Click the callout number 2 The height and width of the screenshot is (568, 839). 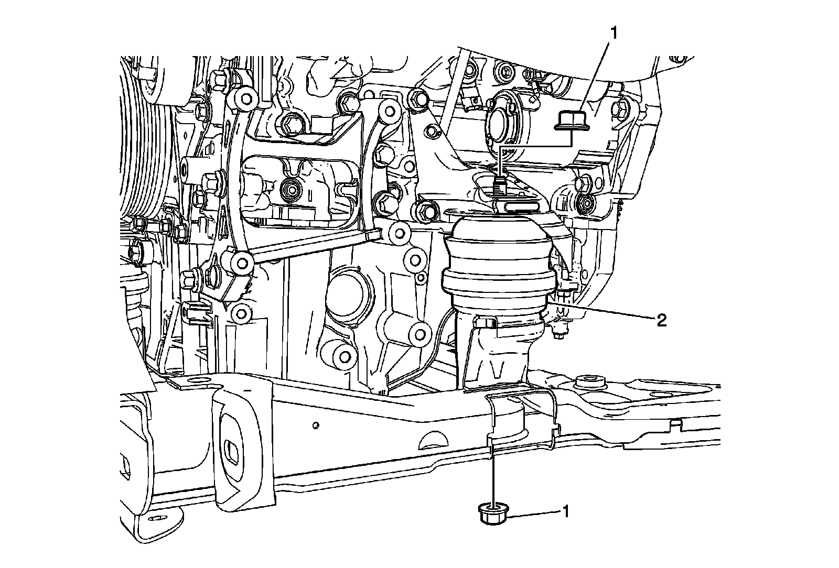click(661, 320)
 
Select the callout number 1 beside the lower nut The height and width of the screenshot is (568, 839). click(565, 511)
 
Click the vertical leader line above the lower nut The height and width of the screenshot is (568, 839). click(493, 472)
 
